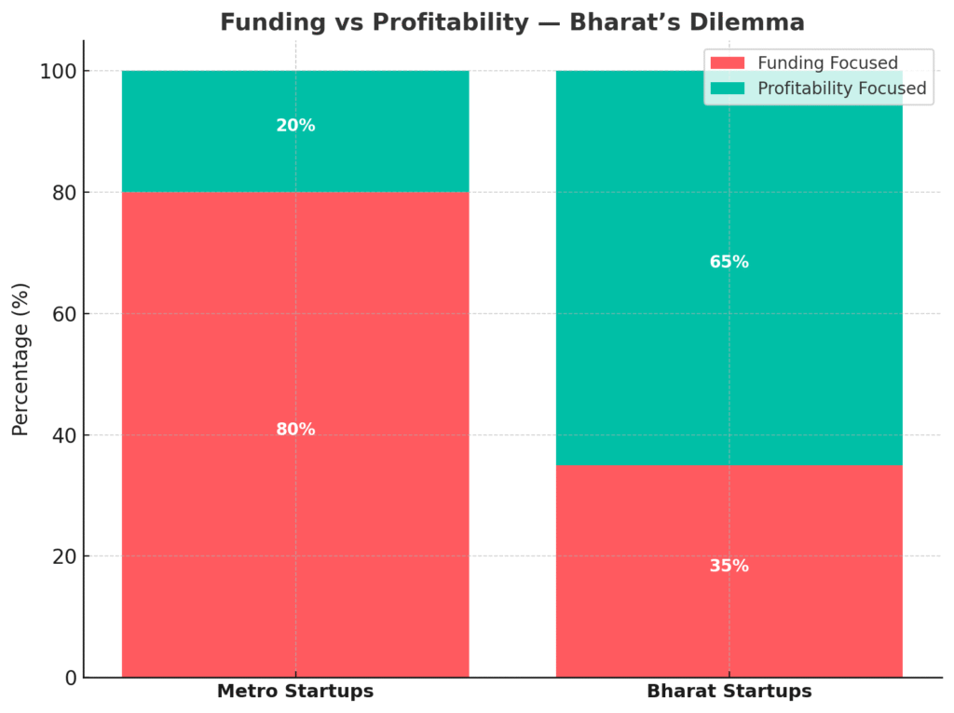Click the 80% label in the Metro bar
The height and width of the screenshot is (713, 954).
pyautogui.click(x=295, y=430)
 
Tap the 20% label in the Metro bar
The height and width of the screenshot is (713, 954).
pyautogui.click(x=295, y=126)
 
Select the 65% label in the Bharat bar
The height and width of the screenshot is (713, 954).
pyautogui.click(x=729, y=262)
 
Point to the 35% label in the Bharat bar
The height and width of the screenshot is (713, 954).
pyautogui.click(x=729, y=566)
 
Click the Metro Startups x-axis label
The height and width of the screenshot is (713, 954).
pyautogui.click(x=295, y=692)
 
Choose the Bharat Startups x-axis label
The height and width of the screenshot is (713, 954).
pyautogui.click(x=729, y=692)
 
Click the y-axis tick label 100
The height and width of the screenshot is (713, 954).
pyautogui.click(x=58, y=72)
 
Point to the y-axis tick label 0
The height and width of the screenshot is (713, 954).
pyautogui.click(x=70, y=678)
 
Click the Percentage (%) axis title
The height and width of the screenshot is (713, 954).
pyautogui.click(x=21, y=359)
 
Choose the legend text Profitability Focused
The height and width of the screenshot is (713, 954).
pyautogui.click(x=842, y=89)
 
